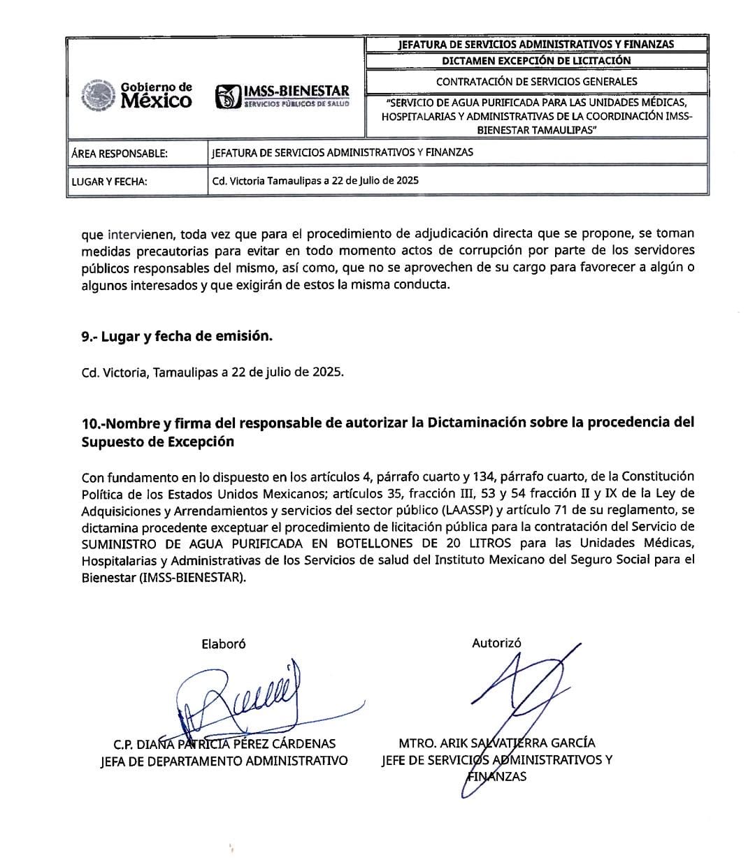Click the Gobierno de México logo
(x=137, y=96)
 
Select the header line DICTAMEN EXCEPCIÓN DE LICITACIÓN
(x=536, y=61)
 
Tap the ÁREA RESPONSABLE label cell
(x=120, y=153)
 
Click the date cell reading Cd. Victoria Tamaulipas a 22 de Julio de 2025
(x=315, y=180)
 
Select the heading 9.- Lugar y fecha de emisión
(x=177, y=336)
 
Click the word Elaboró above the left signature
(x=224, y=644)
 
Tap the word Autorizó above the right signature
(x=496, y=643)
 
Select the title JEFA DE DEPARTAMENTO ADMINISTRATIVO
(x=224, y=761)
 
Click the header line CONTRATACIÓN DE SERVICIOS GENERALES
(x=536, y=82)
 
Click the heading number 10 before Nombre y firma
(x=90, y=423)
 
